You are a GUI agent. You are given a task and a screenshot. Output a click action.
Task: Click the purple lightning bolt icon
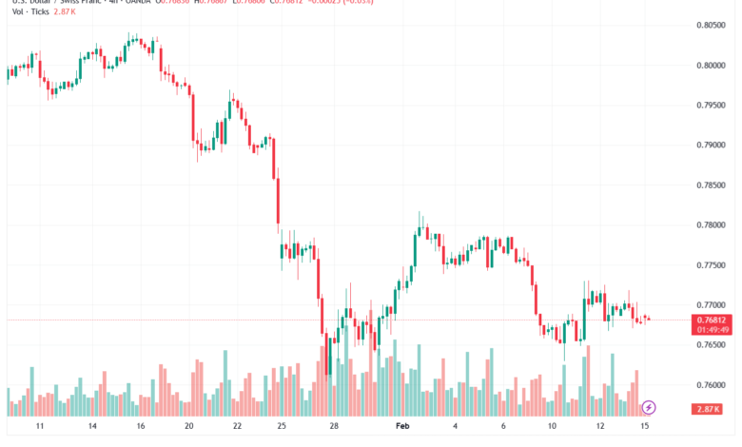coord(649,407)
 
